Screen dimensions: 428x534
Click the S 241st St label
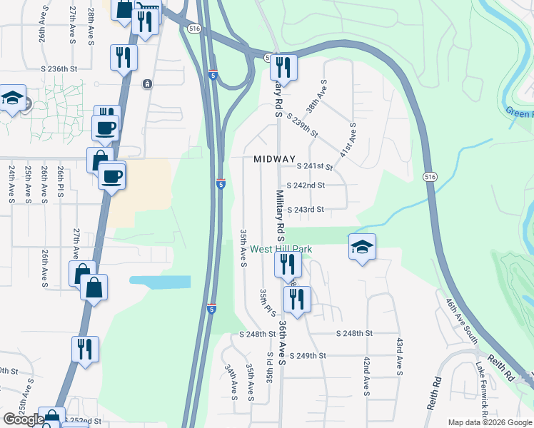click(x=315, y=167)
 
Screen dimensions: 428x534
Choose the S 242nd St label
click(x=306, y=185)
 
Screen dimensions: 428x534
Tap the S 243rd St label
click(x=306, y=210)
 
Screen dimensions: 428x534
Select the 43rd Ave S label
click(x=398, y=357)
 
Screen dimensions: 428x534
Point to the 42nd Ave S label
click(x=366, y=376)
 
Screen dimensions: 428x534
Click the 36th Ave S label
click(x=283, y=343)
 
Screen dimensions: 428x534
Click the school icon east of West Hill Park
click(x=362, y=248)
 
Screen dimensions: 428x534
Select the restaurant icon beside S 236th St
click(x=123, y=58)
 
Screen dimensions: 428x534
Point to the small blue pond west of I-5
click(x=161, y=282)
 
